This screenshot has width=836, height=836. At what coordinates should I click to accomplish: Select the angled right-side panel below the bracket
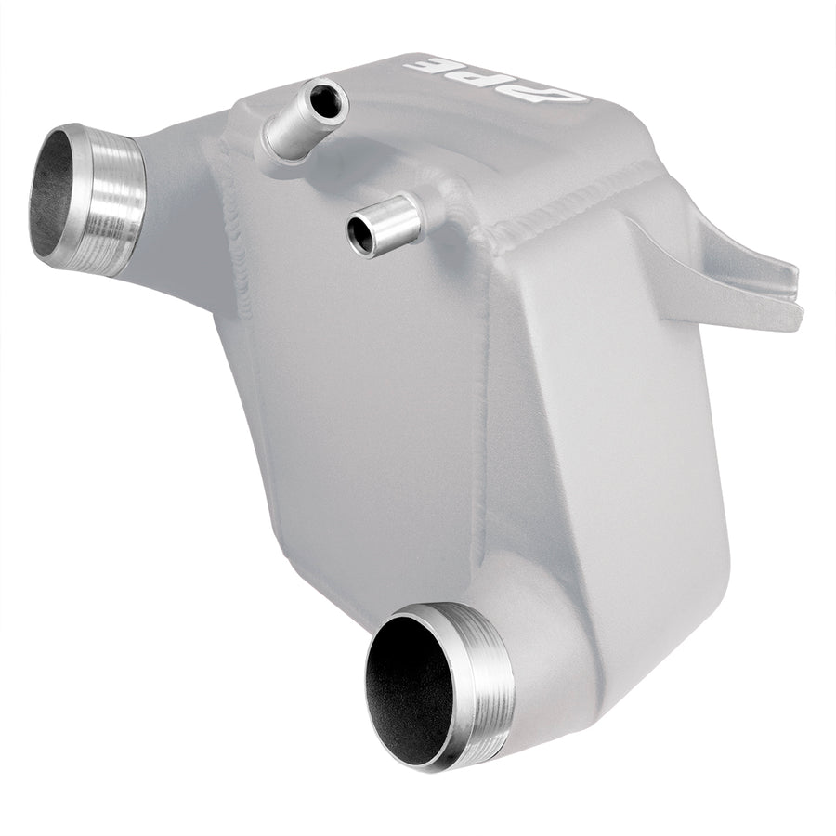tap(613, 418)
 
